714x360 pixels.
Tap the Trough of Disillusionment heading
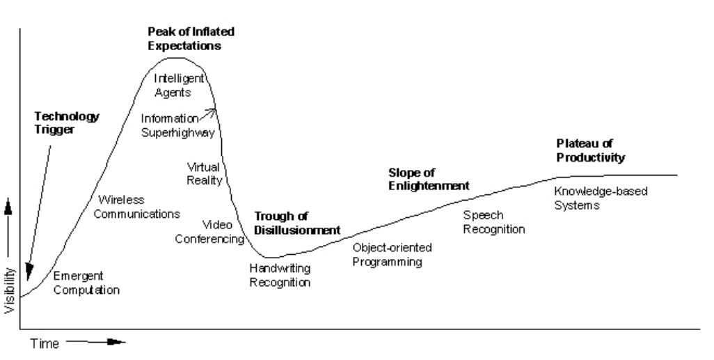[x=296, y=223]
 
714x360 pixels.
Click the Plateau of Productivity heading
[x=590, y=150]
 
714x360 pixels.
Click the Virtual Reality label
[x=204, y=173]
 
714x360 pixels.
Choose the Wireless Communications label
[x=138, y=206]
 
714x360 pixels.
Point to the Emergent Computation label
[x=86, y=283]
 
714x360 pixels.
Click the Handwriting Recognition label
[x=280, y=275]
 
